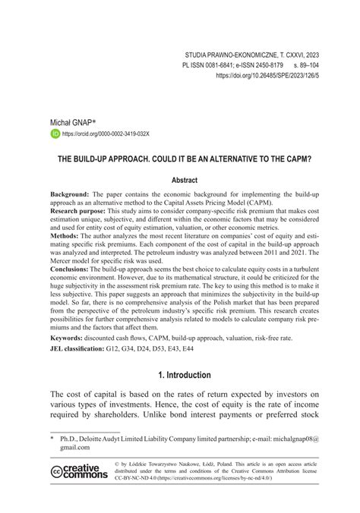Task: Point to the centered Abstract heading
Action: [180, 180]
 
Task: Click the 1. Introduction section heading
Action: [180, 396]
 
